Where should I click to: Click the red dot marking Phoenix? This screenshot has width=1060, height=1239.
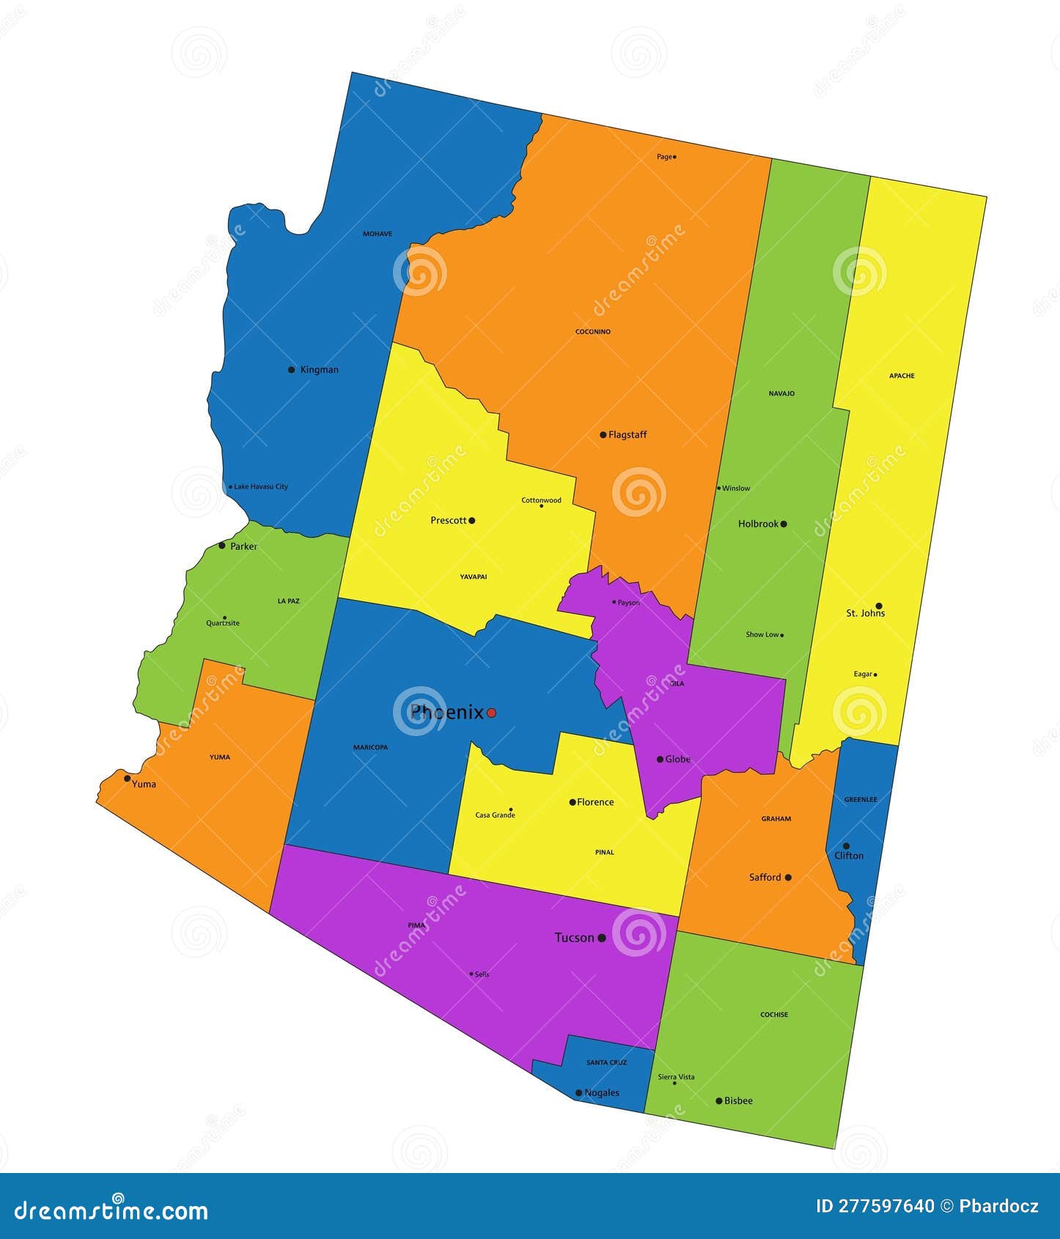click(491, 713)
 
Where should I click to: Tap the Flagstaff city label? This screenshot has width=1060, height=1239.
click(627, 435)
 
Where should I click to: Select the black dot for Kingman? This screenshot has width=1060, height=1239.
click(292, 370)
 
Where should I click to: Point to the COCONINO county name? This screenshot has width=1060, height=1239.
click(592, 332)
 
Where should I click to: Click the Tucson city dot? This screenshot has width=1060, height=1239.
click(602, 938)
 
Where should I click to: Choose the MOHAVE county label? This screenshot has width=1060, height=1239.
click(378, 234)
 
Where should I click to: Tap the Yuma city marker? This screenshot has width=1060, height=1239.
click(128, 779)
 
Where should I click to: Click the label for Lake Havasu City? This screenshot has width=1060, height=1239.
click(261, 487)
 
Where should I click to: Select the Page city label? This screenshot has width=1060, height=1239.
click(664, 157)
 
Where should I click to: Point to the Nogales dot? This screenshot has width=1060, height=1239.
click(578, 1093)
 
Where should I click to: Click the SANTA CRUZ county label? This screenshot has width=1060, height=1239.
click(606, 1062)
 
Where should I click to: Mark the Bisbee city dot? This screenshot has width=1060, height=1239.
click(719, 1100)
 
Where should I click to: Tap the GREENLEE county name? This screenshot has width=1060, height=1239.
click(861, 800)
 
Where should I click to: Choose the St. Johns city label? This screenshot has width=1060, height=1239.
click(865, 614)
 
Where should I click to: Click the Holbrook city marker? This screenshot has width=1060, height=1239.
click(784, 524)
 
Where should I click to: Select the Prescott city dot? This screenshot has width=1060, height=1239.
click(471, 521)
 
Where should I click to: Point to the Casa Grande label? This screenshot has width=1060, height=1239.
click(495, 815)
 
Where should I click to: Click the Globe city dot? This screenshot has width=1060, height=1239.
click(660, 760)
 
